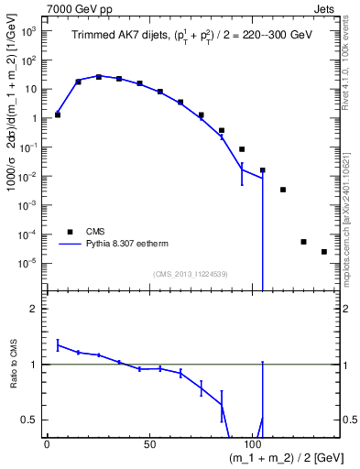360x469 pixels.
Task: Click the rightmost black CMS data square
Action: click(x=324, y=252)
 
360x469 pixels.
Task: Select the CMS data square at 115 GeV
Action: click(x=283, y=190)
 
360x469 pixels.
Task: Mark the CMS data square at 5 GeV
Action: click(x=58, y=115)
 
